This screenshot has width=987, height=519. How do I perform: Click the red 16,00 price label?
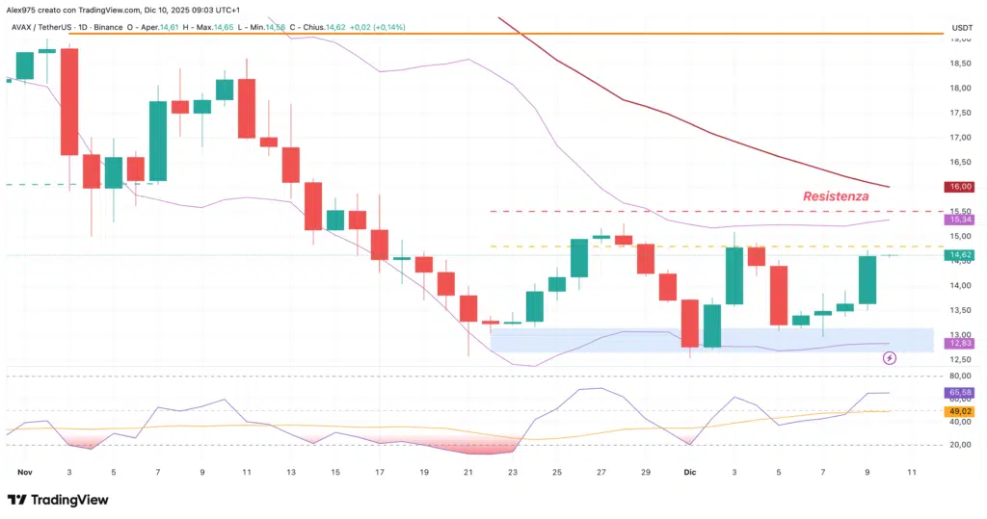(x=960, y=187)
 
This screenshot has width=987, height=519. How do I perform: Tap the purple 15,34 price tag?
(x=960, y=221)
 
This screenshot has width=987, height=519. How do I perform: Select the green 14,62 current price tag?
(x=960, y=255)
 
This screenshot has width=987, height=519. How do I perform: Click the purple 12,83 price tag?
(x=960, y=343)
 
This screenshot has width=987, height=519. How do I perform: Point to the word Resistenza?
(x=836, y=195)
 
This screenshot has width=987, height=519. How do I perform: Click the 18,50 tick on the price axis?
(x=960, y=63)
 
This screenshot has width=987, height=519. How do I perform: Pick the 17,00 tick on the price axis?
(x=960, y=137)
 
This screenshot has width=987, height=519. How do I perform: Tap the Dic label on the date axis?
(x=689, y=473)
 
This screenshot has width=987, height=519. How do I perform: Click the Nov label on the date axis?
(x=26, y=473)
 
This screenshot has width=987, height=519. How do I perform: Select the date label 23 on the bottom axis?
(x=512, y=473)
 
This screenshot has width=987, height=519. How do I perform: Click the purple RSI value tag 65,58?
(x=960, y=393)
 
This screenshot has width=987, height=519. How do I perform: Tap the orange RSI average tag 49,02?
(x=960, y=411)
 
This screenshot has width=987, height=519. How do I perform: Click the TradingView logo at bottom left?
(x=58, y=500)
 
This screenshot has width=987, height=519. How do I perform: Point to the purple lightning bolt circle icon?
(x=889, y=358)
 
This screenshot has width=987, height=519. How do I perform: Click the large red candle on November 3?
(x=69, y=101)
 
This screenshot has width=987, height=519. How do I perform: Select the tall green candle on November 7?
(x=157, y=141)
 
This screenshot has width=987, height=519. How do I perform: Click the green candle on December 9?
(x=867, y=279)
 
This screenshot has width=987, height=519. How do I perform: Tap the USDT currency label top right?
(x=961, y=27)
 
